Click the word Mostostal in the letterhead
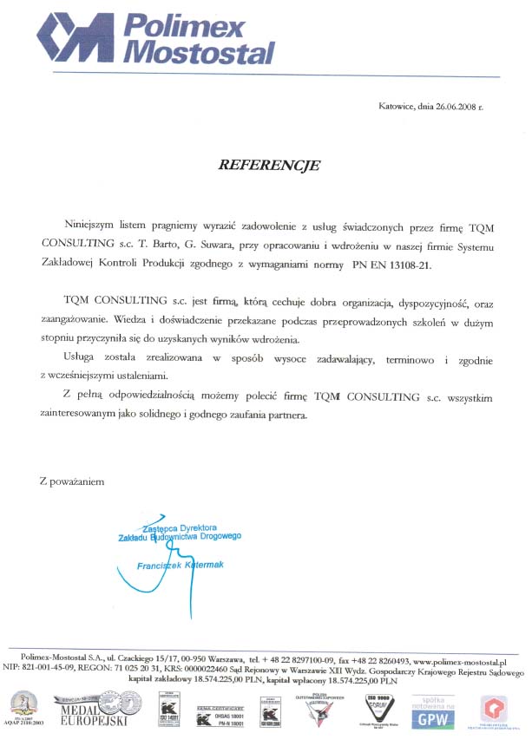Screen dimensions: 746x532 pyautogui.click(x=200, y=53)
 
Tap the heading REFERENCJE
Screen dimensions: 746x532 pyautogui.click(x=269, y=164)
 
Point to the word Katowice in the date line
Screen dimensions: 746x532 pyautogui.click(x=397, y=107)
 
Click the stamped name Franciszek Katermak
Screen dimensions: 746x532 pyautogui.click(x=181, y=566)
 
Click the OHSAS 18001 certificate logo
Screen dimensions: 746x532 pyautogui.click(x=221, y=719)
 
